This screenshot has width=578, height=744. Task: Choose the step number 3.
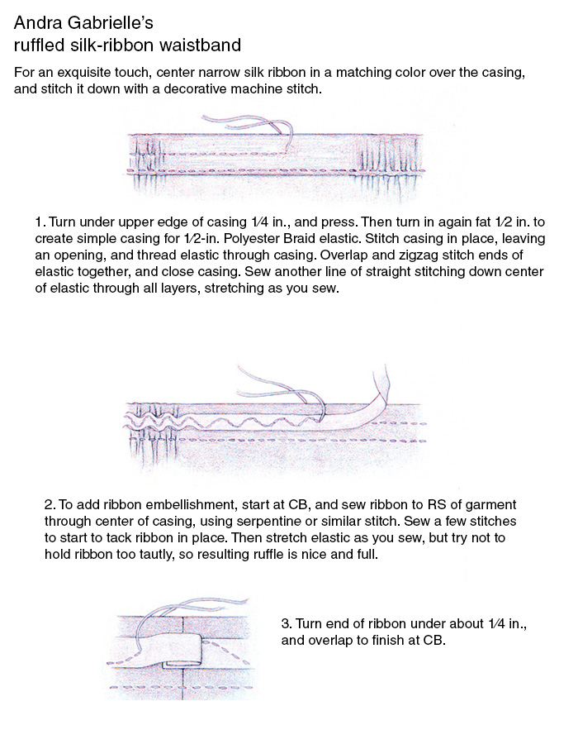tap(286, 622)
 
